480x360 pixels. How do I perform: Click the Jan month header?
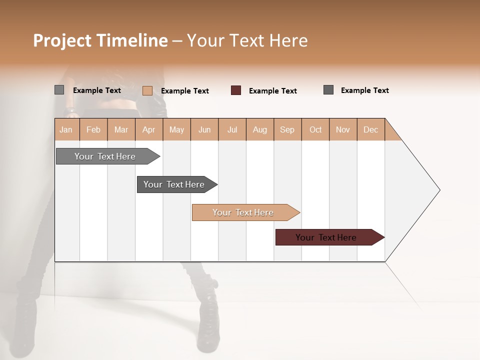pos(66,129)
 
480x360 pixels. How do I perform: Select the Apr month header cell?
pos(149,129)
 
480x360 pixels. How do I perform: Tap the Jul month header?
pos(232,129)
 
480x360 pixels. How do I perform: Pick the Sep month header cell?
pos(287,129)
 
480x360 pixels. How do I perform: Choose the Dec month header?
pos(370,129)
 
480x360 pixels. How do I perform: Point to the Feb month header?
pos(93,129)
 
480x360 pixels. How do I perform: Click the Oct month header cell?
pos(315,129)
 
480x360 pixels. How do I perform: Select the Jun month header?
pos(204,129)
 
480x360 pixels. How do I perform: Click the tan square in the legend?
pos(147,90)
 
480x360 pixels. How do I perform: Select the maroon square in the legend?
pos(236,90)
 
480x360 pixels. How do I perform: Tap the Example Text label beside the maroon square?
pos(272,91)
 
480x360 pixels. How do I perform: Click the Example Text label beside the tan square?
pos(184,91)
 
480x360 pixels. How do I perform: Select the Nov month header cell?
pos(343,129)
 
